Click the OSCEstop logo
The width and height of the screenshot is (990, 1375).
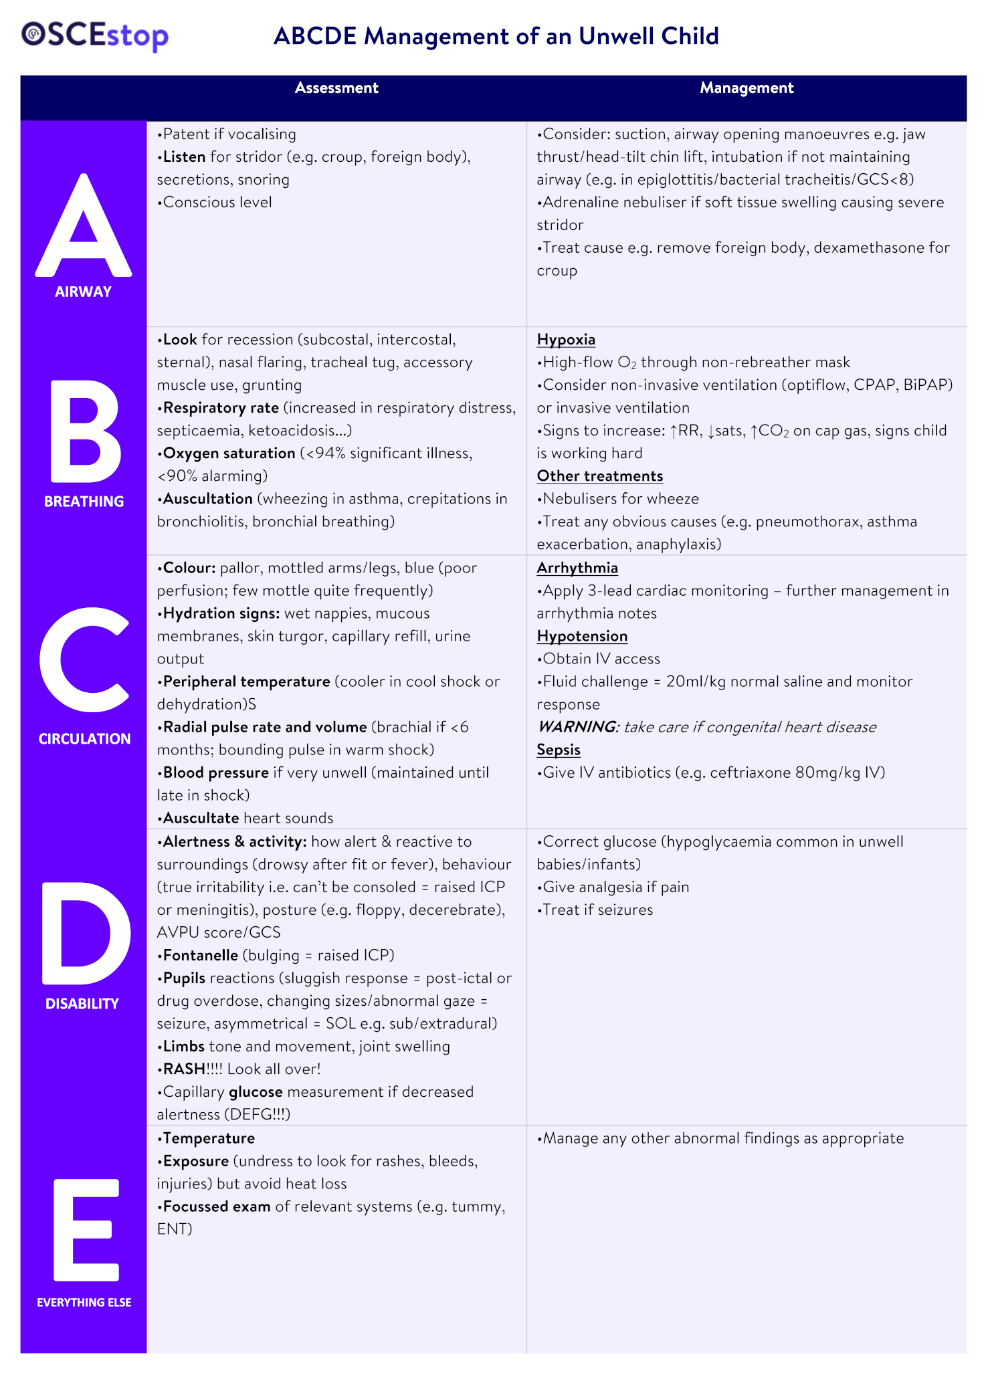point(94,35)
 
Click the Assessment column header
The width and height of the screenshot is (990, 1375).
point(336,88)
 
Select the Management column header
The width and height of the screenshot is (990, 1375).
point(747,88)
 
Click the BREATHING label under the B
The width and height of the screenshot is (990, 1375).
point(84,502)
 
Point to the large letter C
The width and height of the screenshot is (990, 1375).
point(84,659)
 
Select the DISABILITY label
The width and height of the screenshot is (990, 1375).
point(82,1003)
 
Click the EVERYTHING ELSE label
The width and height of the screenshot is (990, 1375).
point(84,1302)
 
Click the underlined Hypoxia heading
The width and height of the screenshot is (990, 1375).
point(566,340)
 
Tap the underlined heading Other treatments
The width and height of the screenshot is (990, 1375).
point(600,476)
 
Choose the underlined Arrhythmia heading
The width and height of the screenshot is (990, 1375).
point(577,568)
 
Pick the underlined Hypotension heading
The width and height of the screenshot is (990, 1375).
point(582,636)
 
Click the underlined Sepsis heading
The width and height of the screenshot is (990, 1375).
point(559,750)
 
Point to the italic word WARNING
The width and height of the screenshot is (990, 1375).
point(577,727)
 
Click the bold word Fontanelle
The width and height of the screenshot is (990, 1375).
point(201,955)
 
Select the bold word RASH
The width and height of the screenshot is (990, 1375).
point(184,1069)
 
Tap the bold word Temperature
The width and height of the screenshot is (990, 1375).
point(209,1138)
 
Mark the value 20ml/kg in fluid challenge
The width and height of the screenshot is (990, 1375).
point(695,681)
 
